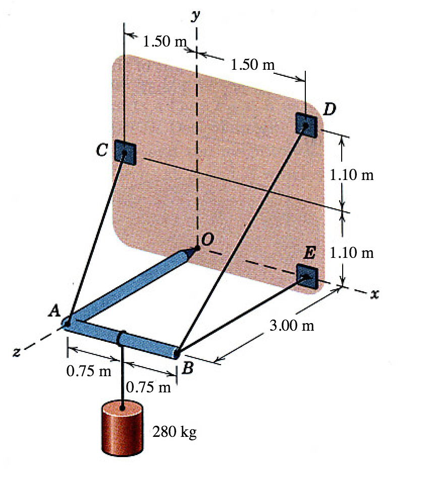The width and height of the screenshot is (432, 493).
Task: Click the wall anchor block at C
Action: [x=125, y=152]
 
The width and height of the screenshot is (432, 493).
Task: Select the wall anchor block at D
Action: [x=306, y=125]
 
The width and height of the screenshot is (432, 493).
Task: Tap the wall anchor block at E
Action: [x=307, y=277]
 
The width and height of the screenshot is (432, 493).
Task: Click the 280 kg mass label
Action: [x=175, y=432]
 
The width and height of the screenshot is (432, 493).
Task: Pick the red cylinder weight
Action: [x=122, y=428]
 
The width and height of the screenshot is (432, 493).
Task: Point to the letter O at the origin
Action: [x=208, y=239]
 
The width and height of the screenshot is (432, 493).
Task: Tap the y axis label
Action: [x=196, y=15]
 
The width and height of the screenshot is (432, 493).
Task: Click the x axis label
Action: [x=374, y=294]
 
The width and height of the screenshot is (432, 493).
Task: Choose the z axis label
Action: [x=17, y=351]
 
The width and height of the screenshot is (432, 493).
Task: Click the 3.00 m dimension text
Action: [x=292, y=325]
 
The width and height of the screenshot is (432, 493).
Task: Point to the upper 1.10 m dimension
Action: [x=352, y=174]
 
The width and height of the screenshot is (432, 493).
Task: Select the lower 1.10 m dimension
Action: [x=352, y=252]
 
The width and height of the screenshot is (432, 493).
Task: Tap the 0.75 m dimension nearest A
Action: [x=89, y=371]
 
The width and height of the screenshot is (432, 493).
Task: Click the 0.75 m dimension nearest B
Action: [x=148, y=387]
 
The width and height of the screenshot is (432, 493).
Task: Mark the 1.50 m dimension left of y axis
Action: [x=165, y=41]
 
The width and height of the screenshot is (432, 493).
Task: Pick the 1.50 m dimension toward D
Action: [x=252, y=64]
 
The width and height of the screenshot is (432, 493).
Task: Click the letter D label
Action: [x=330, y=109]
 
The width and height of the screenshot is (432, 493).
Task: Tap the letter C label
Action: [x=102, y=150]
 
